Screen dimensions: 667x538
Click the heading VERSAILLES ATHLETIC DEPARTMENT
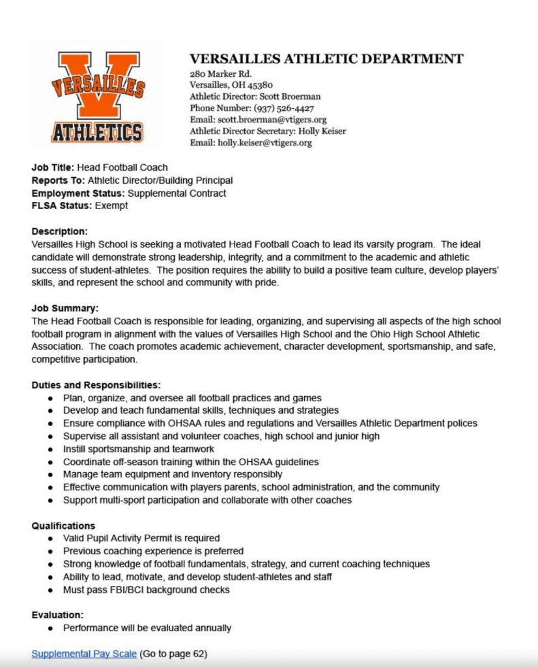(x=326, y=59)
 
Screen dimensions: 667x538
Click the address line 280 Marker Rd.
(x=220, y=74)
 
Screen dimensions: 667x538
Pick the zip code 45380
(x=259, y=85)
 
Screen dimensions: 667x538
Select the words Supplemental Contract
(x=177, y=193)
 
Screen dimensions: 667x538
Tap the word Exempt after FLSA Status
(x=111, y=206)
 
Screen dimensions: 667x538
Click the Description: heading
(x=59, y=231)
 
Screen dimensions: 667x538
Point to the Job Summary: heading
(x=65, y=308)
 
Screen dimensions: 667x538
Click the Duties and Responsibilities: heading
(x=96, y=385)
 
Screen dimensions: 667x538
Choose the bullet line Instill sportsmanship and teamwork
(x=139, y=449)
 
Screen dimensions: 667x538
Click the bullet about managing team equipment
(x=173, y=474)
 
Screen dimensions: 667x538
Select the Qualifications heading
(x=63, y=526)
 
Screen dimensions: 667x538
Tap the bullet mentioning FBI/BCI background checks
(x=147, y=589)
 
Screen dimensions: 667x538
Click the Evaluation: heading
(x=57, y=615)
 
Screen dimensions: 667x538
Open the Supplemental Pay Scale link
(x=84, y=653)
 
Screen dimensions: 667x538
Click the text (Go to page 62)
(x=173, y=653)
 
